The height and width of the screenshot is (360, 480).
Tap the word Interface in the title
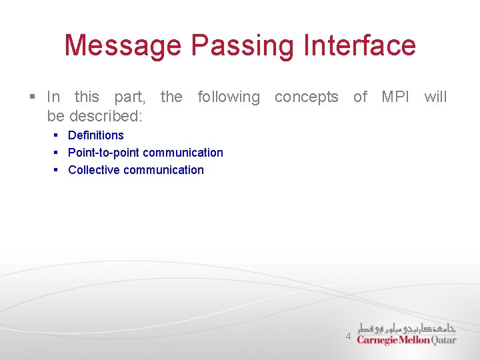359,46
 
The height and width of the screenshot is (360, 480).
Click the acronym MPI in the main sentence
396,97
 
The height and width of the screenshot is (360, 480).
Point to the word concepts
307,97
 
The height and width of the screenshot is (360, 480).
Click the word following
229,97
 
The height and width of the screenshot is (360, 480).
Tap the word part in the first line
129,97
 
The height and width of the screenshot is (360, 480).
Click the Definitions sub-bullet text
96,135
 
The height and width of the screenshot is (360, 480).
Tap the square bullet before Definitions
57,135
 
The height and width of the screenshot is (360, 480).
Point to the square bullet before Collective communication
57,170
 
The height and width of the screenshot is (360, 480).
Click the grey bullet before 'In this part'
32,97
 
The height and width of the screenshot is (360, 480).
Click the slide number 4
348,337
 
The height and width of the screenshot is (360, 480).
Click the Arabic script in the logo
407,327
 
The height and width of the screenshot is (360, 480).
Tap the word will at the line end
435,97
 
